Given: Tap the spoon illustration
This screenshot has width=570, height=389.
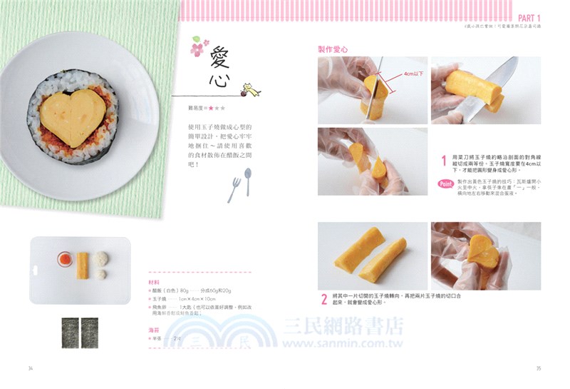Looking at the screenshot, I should tap(247, 181).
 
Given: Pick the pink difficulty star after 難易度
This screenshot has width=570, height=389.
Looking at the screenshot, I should tap(211, 108).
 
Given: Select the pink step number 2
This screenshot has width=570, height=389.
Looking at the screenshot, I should tap(323, 299).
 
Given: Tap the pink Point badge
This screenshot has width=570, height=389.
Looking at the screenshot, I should tap(446, 183).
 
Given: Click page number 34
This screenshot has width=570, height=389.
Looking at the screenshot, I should tap(31, 368).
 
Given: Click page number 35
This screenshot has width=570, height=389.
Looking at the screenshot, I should tap(539, 368).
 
